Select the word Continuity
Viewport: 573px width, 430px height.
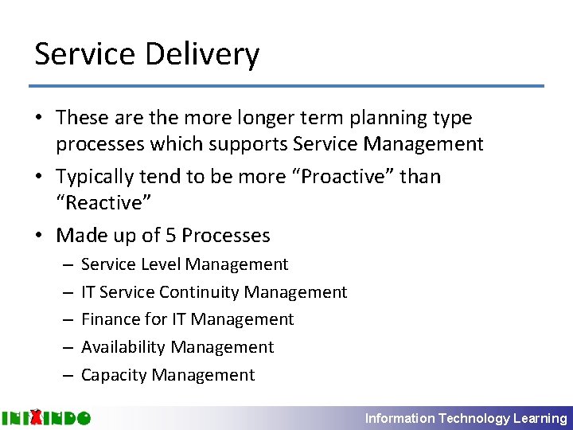(200, 292)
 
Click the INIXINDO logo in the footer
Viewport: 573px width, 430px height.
(45, 417)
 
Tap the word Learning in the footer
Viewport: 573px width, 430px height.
(540, 418)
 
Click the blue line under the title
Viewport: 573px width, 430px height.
(286, 86)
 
